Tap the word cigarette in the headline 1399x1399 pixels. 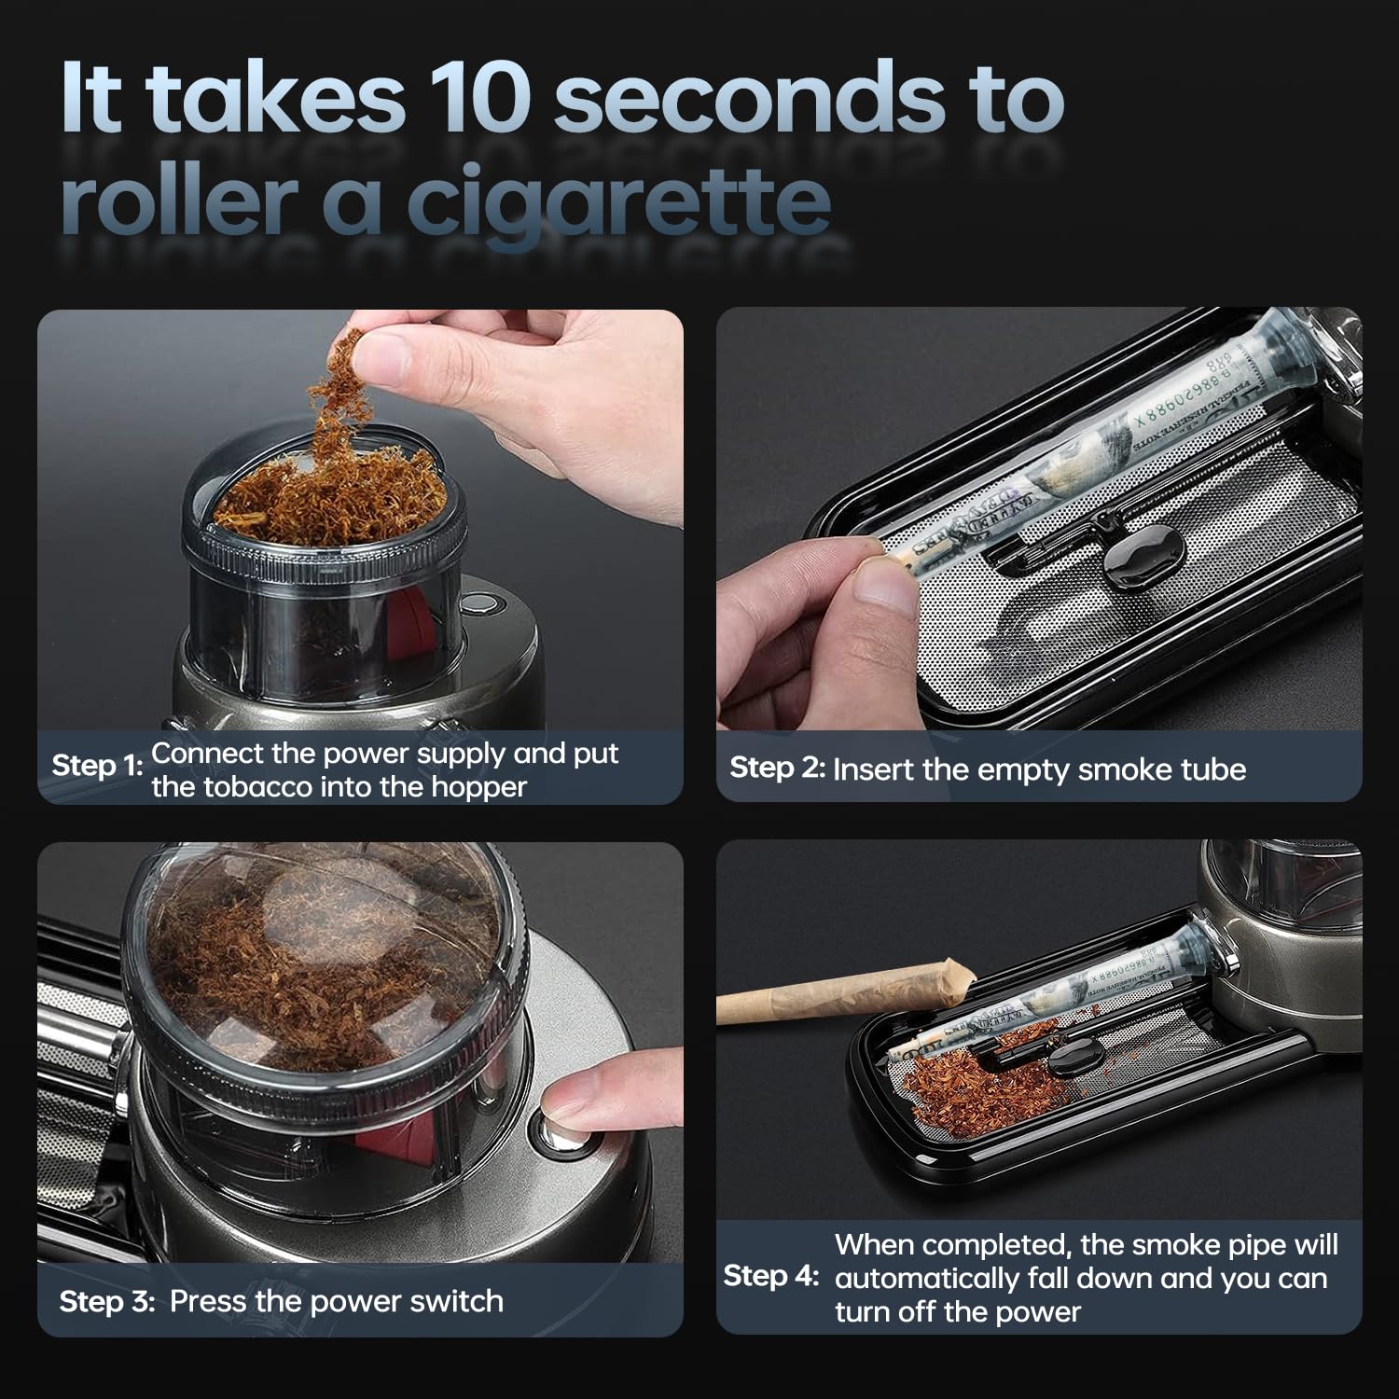618,200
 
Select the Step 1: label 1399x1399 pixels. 97,766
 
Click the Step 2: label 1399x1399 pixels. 777,768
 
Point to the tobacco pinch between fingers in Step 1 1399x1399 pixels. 334,392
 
